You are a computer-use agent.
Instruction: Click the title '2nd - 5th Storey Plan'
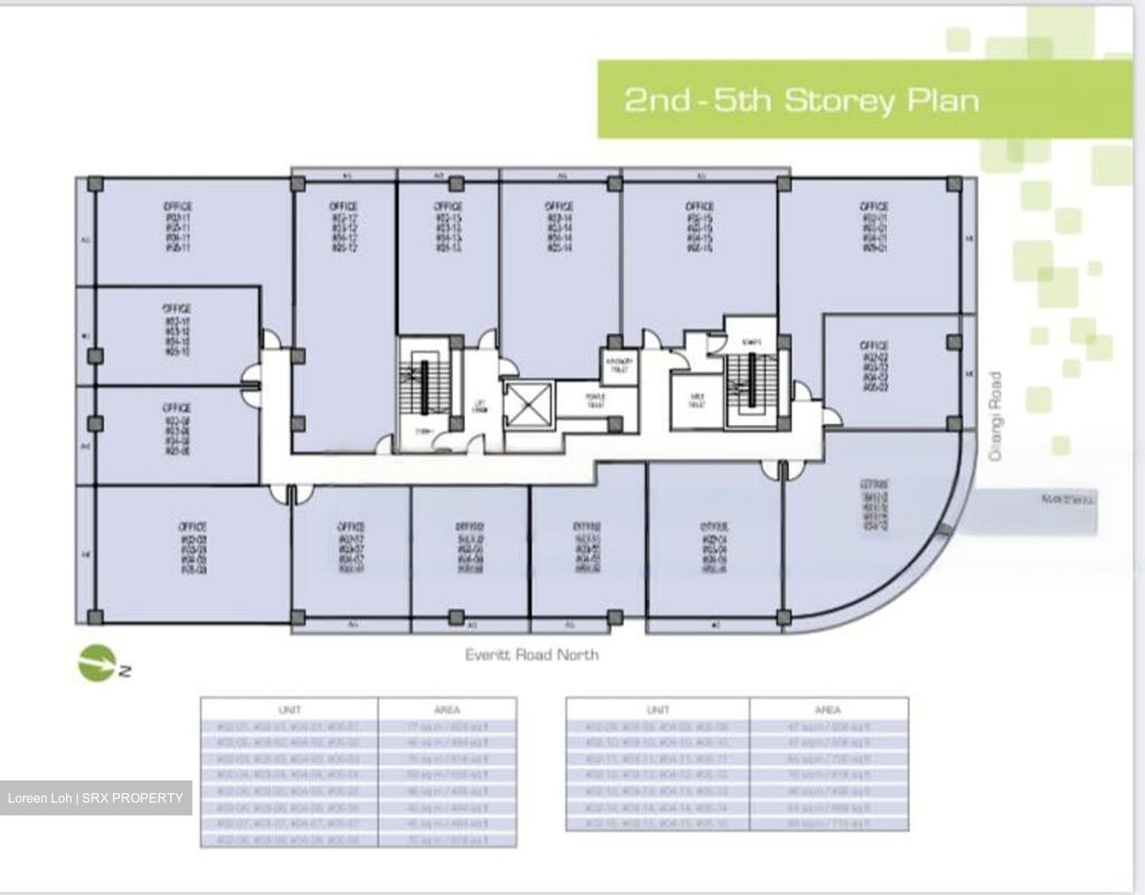pos(801,101)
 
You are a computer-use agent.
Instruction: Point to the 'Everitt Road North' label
pos(531,655)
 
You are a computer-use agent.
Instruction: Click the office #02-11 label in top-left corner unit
pos(178,228)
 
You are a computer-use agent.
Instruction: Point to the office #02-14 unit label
pos(559,228)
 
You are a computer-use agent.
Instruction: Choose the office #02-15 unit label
pos(699,228)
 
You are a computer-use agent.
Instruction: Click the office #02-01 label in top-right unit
pos(873,228)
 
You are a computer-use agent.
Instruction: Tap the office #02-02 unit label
pos(874,366)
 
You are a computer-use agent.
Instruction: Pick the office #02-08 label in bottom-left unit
pos(192,548)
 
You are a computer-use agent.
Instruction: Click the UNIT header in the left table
pos(289,710)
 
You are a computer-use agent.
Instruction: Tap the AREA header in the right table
pos(828,710)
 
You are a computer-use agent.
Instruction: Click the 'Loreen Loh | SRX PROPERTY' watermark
pos(95,798)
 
